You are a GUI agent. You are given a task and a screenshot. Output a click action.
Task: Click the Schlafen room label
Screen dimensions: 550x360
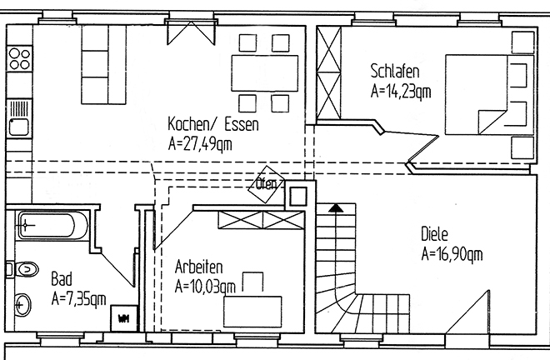395,71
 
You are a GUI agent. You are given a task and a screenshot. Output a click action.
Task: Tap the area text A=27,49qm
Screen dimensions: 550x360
200,144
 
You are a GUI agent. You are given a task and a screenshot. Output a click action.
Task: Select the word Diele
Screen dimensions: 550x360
434,234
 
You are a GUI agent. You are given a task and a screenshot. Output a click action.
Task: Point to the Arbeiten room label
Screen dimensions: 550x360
198,267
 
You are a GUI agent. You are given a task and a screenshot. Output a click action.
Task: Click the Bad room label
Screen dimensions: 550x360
62,279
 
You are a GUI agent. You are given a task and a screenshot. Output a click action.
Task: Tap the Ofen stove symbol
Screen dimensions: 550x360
267,184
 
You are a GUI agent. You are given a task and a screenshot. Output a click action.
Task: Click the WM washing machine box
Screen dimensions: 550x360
124,318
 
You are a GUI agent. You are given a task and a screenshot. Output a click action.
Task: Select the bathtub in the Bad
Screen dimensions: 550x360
52,225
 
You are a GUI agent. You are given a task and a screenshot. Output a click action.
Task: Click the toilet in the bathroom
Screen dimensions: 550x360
23,269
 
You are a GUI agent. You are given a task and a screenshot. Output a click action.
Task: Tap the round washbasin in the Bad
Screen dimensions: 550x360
22,305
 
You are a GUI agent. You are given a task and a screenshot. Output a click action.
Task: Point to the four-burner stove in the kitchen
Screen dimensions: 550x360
19,59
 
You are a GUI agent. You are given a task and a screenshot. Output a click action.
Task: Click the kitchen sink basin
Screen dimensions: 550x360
19,127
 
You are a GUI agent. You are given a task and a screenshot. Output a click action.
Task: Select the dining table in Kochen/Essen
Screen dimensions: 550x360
264,73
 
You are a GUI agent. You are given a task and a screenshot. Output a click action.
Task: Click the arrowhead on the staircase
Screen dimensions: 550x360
336,208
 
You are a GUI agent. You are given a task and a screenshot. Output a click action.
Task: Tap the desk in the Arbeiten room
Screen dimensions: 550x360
252,312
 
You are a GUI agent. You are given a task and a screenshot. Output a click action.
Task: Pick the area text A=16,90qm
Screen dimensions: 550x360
452,253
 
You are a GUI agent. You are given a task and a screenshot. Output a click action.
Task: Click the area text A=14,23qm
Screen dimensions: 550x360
401,91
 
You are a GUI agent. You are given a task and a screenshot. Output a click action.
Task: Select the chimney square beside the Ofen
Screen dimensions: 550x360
297,196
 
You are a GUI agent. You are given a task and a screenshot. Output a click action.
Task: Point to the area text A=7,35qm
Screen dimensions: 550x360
78,299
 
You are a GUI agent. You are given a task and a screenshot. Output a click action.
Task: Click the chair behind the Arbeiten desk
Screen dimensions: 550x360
252,282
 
